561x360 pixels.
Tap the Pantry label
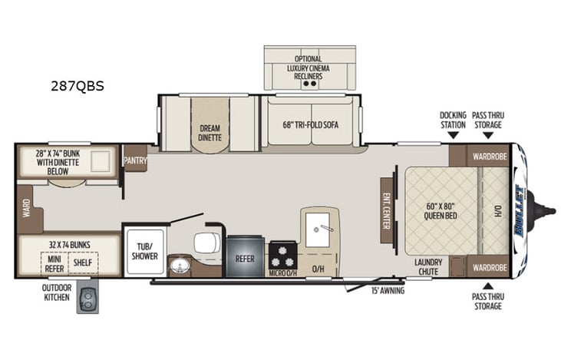(x=135, y=160)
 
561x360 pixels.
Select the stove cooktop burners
(x=282, y=254)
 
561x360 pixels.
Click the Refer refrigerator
(x=245, y=259)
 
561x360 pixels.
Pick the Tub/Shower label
(x=144, y=240)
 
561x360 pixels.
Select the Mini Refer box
(x=53, y=263)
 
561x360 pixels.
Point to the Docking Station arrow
(x=453, y=135)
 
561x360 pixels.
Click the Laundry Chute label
(x=428, y=266)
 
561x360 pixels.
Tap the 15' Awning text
(x=388, y=291)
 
